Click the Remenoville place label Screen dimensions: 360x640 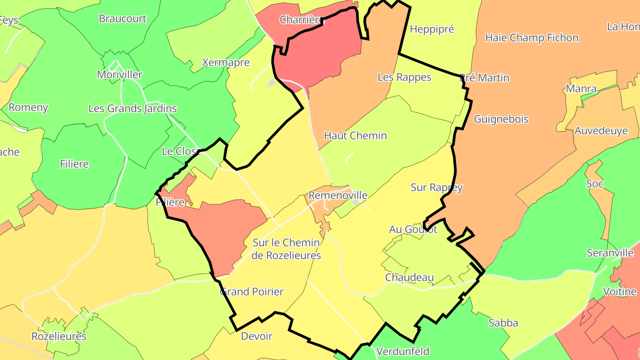click(338, 196)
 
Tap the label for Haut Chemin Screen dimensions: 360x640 click(355, 136)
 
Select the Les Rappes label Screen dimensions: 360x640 click(404, 77)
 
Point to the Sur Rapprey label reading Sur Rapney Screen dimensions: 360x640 click(436, 188)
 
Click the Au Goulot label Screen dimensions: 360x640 click(413, 229)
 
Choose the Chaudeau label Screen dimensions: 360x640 click(409, 277)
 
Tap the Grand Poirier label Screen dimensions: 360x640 click(252, 292)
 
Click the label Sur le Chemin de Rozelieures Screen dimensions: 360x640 click(286, 249)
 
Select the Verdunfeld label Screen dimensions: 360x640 click(403, 352)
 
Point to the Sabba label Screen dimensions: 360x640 click(503, 323)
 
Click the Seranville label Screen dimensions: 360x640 click(610, 253)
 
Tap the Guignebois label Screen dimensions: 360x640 click(501, 119)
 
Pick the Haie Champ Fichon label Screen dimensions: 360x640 click(532, 38)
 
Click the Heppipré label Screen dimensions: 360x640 click(432, 29)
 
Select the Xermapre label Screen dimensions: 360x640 click(225, 62)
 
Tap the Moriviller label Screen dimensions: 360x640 click(120, 75)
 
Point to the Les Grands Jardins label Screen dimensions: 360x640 click(132, 108)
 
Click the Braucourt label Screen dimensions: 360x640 click(122, 19)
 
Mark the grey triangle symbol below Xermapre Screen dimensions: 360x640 click(271, 83)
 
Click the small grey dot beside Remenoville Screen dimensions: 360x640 click(356, 202)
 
